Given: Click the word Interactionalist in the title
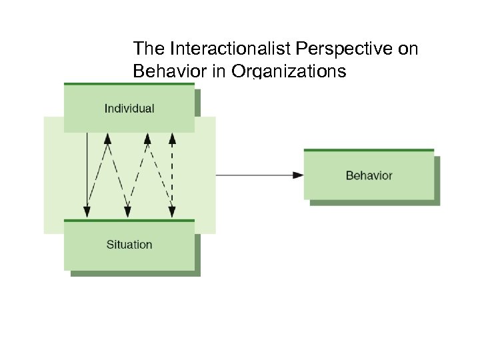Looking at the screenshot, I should click(209, 49).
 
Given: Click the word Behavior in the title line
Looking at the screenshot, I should click(169, 71).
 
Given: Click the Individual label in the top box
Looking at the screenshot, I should click(129, 108).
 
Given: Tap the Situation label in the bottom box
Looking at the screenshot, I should click(129, 245).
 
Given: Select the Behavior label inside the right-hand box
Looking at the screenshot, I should click(369, 175).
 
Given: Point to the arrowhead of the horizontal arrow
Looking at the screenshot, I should click(298, 175).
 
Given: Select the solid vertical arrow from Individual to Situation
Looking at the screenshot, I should click(87, 170).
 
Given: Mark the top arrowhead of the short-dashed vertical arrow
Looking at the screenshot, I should click(172, 139).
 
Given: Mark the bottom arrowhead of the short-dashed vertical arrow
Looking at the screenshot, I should click(172, 212).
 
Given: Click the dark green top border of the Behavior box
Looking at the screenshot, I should click(369, 150).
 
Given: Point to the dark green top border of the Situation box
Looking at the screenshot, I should click(129, 220).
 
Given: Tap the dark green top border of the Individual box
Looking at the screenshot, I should click(129, 84).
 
